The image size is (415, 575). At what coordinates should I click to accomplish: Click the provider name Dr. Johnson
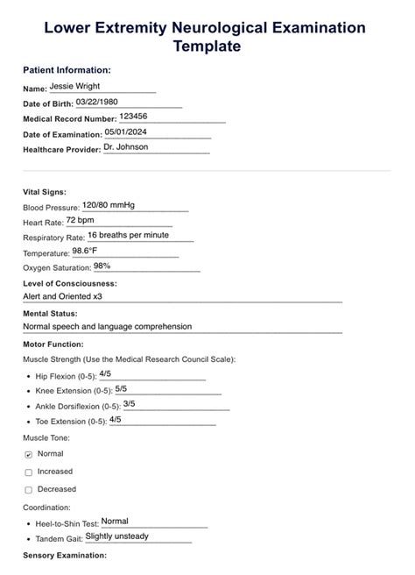[x=125, y=146]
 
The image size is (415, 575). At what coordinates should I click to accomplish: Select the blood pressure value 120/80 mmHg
[x=108, y=205]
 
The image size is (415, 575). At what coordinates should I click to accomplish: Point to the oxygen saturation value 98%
[x=102, y=265]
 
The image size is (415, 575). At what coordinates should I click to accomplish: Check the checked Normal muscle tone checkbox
[x=29, y=455]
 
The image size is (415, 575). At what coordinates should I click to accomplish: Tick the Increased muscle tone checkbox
[x=29, y=472]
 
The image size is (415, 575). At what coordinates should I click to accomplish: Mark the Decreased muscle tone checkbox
[x=29, y=490]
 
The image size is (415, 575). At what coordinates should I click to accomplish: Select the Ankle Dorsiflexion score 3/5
[x=130, y=403]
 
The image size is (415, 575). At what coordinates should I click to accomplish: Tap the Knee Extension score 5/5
[x=121, y=388]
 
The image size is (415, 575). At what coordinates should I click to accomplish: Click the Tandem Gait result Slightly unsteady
[x=117, y=536]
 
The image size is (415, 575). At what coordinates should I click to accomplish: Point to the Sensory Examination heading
[x=65, y=556]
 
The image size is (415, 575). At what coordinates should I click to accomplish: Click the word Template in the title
[x=207, y=46]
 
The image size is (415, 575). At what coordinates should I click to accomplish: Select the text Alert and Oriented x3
[x=63, y=296]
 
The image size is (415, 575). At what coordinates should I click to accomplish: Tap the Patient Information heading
[x=67, y=69]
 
